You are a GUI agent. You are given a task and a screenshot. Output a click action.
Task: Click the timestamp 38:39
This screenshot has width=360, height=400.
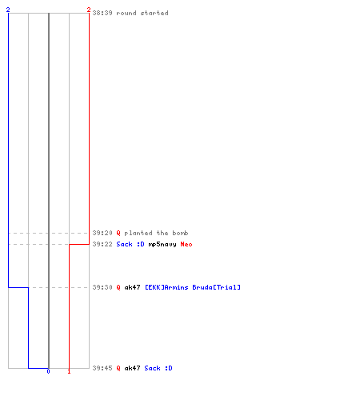pyautogui.click(x=102, y=13)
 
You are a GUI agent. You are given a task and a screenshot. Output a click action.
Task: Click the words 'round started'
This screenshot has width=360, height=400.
pyautogui.click(x=142, y=13)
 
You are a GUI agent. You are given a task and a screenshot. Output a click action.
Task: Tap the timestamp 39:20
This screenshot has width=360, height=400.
pyautogui.click(x=102, y=233)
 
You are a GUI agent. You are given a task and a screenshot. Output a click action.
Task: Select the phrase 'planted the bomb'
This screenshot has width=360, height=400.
pyautogui.click(x=156, y=233)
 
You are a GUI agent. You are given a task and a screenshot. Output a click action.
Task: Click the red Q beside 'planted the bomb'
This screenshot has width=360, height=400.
pyautogui.click(x=118, y=233)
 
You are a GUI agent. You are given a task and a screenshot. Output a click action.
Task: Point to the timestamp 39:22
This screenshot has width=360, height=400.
pyautogui.click(x=102, y=244)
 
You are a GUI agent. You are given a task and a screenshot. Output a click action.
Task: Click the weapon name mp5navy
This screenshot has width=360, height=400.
pyautogui.click(x=162, y=244)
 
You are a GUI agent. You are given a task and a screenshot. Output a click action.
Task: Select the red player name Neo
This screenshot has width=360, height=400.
pyautogui.click(x=186, y=244)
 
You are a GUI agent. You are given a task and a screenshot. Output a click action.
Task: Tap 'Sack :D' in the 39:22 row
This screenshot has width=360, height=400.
pyautogui.click(x=130, y=244)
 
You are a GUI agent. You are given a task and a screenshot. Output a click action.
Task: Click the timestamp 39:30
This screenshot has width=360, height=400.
pyautogui.click(x=102, y=287)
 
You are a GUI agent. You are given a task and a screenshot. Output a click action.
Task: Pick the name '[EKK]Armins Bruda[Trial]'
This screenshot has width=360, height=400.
pyautogui.click(x=193, y=287)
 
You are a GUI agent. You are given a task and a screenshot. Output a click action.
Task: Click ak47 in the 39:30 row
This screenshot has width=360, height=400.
pyautogui.click(x=132, y=287)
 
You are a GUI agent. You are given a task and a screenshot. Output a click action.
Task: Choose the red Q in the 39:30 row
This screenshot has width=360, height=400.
pyautogui.click(x=118, y=287)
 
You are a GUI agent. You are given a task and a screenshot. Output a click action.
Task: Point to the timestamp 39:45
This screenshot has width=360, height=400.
pyautogui.click(x=102, y=368)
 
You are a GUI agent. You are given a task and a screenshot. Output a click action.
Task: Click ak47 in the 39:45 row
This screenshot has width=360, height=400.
pyautogui.click(x=132, y=368)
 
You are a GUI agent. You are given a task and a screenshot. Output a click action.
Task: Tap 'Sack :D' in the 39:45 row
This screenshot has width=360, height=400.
pyautogui.click(x=158, y=368)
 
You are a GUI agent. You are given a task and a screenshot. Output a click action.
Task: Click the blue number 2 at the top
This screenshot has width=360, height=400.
pyautogui.click(x=8, y=10)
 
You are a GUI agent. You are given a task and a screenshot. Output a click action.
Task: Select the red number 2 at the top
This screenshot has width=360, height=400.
pyautogui.click(x=89, y=10)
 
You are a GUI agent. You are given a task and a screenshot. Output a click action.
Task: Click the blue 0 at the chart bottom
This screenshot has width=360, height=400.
pyautogui.click(x=48, y=371)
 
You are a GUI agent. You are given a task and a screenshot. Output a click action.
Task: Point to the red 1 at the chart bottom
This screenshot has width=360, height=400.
pyautogui.click(x=69, y=371)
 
